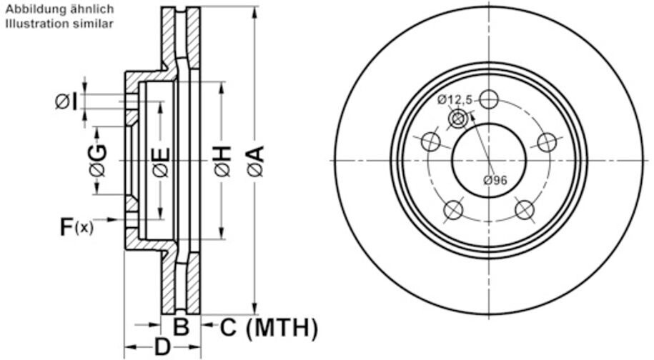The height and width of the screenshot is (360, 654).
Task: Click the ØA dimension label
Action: click(256, 161)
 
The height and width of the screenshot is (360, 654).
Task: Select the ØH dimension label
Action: click(222, 161)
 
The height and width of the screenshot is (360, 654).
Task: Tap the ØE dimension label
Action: click(160, 161)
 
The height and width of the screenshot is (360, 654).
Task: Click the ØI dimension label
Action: click(66, 101)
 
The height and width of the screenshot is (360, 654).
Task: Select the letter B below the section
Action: click(182, 328)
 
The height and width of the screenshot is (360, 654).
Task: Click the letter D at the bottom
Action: click(162, 349)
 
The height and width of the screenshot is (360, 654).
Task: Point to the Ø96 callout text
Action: click(495, 180)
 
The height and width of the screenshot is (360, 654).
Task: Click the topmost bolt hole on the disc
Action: click(489, 99)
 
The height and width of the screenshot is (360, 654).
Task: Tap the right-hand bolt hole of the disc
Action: click(548, 141)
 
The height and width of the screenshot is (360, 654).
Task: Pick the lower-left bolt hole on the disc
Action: click(453, 210)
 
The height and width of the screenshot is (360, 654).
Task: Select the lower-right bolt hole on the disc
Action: click(525, 210)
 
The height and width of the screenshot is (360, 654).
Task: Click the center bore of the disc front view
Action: click(489, 160)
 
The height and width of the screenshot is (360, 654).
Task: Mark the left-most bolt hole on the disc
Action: click(430, 141)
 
